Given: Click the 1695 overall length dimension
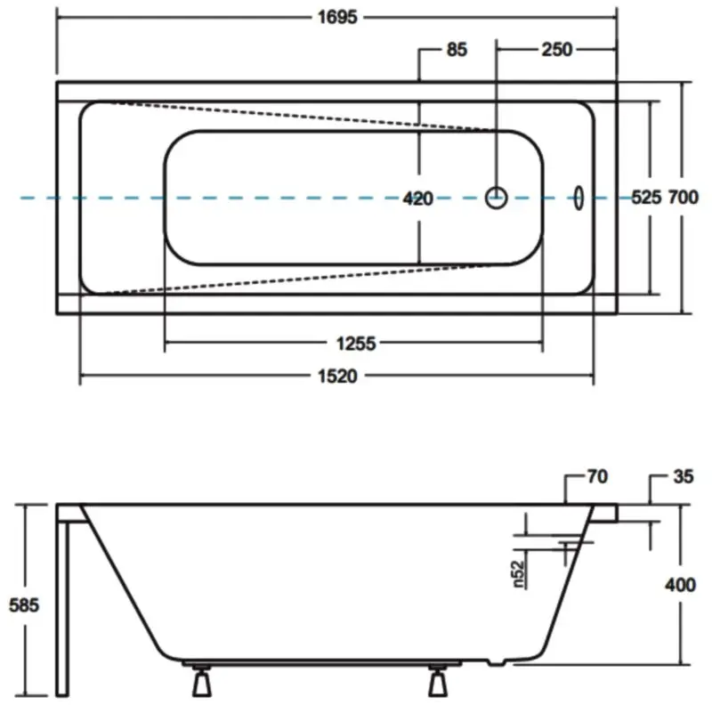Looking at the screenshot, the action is tap(337, 17).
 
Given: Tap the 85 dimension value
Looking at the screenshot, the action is tap(457, 50).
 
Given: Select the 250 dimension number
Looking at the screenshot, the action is tap(557, 50).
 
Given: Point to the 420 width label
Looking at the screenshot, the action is tap(418, 199).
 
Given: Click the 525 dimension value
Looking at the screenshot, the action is tap(647, 197).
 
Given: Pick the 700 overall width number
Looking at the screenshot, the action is tap(684, 197).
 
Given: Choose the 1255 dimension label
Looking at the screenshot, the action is tap(357, 344).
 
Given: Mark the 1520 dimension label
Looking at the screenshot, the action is tap(337, 377).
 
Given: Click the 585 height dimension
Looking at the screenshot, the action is tap(24, 605).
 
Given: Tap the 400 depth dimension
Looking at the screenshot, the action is tap(681, 585).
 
